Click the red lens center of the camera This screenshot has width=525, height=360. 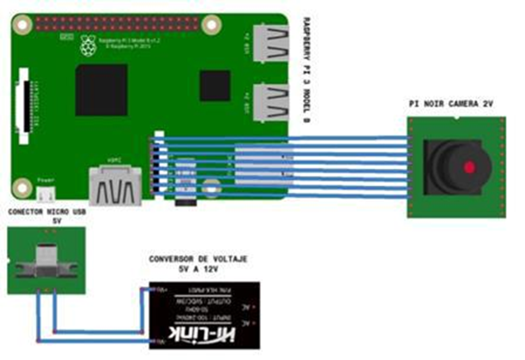coord(470,167)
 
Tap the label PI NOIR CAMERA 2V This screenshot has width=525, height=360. coord(451,104)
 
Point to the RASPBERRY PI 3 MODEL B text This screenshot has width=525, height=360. coord(305,70)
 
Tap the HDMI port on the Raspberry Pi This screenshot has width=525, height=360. coord(115,185)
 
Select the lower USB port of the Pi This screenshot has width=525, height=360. coord(271,102)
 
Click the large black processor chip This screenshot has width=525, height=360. coord(102,90)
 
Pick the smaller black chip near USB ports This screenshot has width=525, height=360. coord(215,86)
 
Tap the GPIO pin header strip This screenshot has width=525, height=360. coord(117,23)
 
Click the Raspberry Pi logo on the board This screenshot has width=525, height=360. coord(88,46)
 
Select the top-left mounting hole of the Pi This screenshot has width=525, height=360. coord(21,23)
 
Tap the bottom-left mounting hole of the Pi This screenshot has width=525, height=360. coord(21,186)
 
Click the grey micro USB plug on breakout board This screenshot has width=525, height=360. coord(46,261)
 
